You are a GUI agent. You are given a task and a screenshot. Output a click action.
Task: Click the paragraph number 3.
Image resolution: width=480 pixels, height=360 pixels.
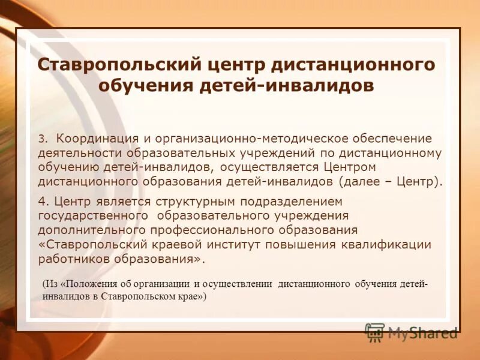(42, 139)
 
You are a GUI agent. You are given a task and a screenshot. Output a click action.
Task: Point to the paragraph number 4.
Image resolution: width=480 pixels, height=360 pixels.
(42, 201)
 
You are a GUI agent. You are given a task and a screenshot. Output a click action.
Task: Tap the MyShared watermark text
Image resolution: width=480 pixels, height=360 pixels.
(422, 332)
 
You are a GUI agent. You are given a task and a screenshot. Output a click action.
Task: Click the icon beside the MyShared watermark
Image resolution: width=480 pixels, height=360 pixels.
(375, 332)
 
